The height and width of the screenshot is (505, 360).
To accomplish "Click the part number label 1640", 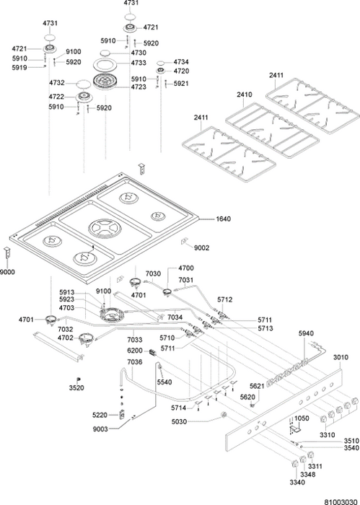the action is click(223, 219).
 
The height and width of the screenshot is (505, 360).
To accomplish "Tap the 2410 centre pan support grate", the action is click(272, 130).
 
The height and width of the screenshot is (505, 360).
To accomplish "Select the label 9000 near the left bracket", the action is click(7, 272).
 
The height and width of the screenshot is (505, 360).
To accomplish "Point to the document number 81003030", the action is click(342, 502).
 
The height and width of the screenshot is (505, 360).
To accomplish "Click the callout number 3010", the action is click(341, 357).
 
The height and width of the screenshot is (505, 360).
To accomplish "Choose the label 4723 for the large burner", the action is click(139, 87).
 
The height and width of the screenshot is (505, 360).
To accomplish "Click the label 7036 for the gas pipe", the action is click(135, 362).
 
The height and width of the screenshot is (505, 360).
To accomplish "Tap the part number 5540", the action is click(164, 382).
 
